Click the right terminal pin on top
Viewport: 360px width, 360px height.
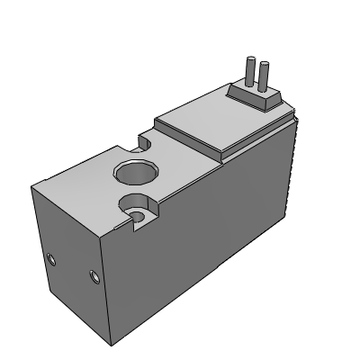click(x=264, y=76)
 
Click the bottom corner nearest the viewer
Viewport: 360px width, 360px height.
click(x=109, y=343)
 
